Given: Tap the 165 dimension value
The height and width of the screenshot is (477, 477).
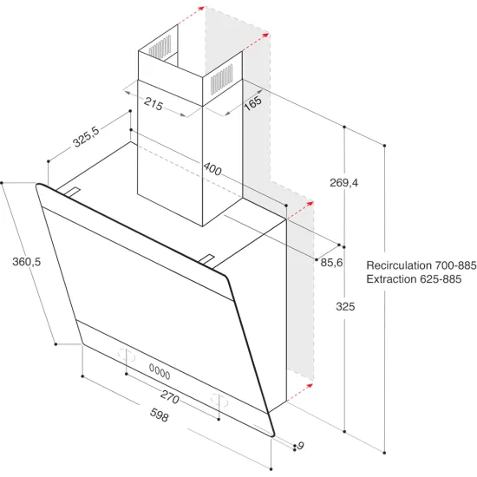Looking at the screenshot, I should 252,103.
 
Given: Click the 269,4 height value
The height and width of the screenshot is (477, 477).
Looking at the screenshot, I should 343,183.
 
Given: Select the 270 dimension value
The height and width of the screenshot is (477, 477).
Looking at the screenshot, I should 170,399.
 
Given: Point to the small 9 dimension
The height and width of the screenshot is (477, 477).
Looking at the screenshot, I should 300,446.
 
